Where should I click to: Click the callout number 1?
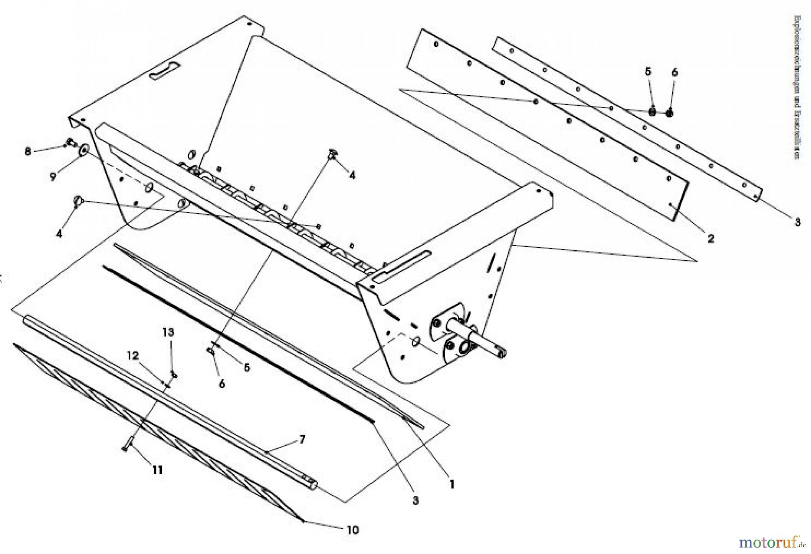click(451, 484)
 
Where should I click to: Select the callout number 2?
click(711, 238)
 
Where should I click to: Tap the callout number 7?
click(302, 439)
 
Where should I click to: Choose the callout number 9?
click(53, 177)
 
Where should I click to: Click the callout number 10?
click(352, 530)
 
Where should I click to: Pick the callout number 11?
click(156, 470)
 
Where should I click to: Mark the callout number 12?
click(132, 355)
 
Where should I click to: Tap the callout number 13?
click(168, 332)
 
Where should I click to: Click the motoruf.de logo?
click(772, 540)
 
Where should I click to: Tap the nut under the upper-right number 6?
click(670, 113)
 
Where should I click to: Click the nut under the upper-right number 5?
click(652, 112)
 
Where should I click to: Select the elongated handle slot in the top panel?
click(165, 71)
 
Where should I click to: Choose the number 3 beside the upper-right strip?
click(797, 222)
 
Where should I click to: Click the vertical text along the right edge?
click(797, 87)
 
